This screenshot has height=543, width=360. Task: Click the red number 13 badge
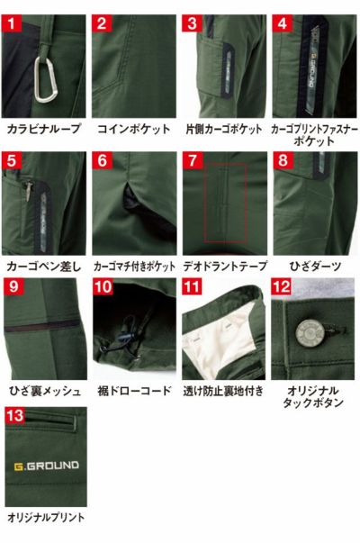point(13,417)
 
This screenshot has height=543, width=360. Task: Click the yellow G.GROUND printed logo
point(46,466)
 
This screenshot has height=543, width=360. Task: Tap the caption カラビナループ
point(44,129)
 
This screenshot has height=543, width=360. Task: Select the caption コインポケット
point(133,129)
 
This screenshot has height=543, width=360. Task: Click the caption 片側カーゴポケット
point(224,129)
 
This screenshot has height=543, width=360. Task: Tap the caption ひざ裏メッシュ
point(44,391)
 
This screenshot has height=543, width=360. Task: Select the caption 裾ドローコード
point(133,391)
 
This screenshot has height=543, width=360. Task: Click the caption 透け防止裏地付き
point(224,391)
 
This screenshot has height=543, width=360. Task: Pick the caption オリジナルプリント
point(46,518)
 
